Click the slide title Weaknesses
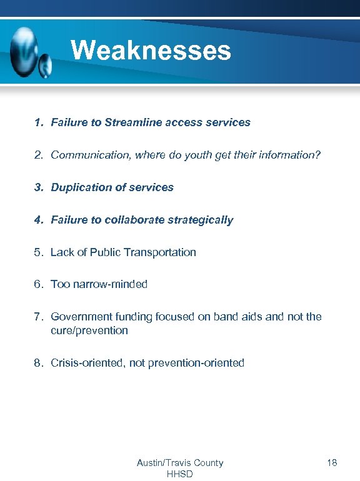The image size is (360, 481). [151, 50]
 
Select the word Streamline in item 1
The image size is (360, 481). [133, 122]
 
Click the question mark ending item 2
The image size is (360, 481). [317, 154]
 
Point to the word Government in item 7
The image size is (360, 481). [80, 317]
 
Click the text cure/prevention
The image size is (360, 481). [89, 330]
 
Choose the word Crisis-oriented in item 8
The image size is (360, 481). [87, 363]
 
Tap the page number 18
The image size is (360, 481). [332, 463]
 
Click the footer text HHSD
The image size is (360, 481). [180, 474]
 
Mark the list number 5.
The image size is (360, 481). [39, 252]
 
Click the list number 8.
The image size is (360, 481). [39, 363]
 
